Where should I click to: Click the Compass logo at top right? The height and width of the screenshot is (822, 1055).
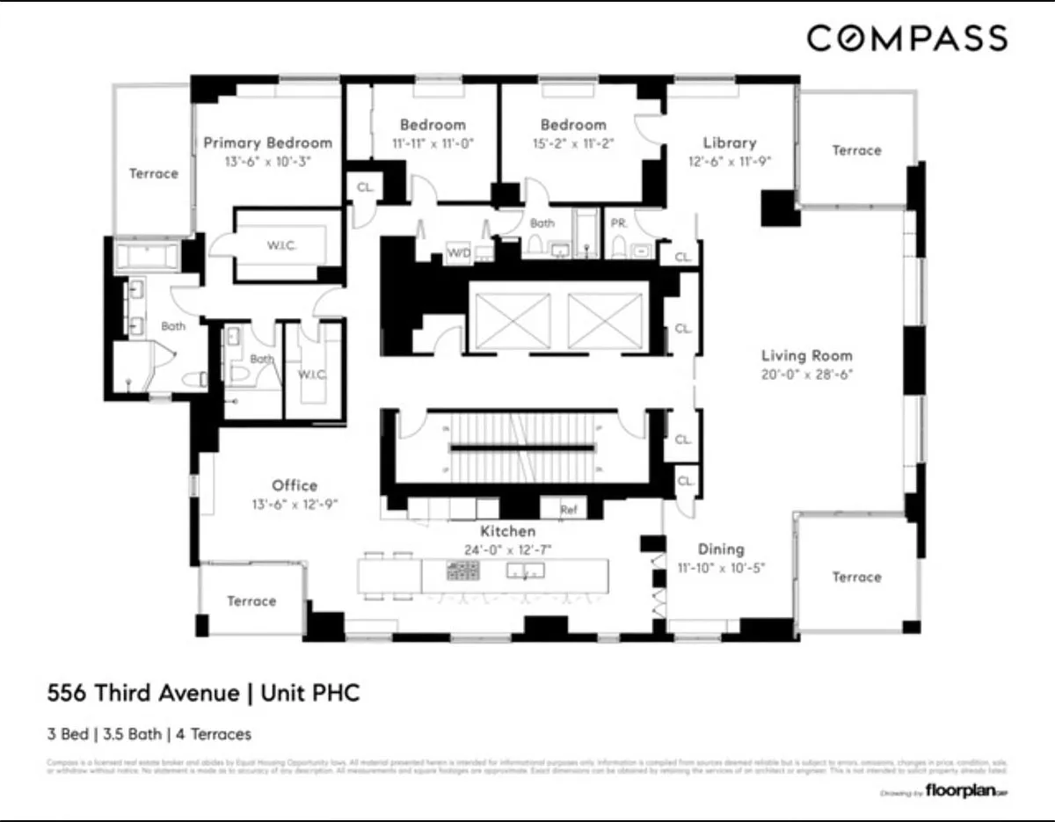click(x=906, y=39)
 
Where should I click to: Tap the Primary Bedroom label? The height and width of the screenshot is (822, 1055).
click(x=268, y=142)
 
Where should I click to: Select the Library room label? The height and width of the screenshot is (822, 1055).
click(x=730, y=142)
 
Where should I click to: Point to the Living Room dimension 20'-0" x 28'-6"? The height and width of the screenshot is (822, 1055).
click(x=807, y=374)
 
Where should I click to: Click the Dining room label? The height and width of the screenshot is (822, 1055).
click(x=721, y=549)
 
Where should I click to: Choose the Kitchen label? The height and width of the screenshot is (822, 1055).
click(x=507, y=531)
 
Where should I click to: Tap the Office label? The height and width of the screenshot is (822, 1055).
click(x=295, y=485)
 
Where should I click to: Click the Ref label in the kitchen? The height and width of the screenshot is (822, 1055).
click(x=571, y=509)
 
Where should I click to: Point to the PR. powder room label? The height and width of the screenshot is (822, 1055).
click(x=619, y=223)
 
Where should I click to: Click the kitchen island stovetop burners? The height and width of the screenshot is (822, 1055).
click(x=462, y=572)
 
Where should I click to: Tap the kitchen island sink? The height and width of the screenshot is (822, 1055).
click(x=525, y=572)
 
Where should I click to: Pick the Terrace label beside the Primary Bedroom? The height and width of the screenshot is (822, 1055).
click(x=154, y=173)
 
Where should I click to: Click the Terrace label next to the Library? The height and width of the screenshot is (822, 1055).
click(x=856, y=150)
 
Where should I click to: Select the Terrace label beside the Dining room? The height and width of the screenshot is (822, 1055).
click(x=856, y=577)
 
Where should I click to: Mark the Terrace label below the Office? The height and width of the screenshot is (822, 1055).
click(x=251, y=600)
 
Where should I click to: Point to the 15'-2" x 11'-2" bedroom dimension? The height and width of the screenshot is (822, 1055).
click(x=573, y=142)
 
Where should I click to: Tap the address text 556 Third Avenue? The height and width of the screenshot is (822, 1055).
click(x=142, y=694)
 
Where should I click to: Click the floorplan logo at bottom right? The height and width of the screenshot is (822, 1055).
click(x=965, y=792)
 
